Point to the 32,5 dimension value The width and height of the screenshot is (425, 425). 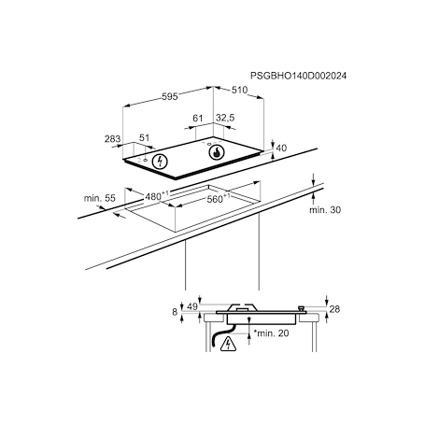coord(224,119)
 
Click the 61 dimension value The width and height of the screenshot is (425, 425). coord(197,119)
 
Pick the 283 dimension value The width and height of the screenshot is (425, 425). coord(112,138)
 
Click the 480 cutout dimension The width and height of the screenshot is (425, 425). coord(155,196)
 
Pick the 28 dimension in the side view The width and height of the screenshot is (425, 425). coord(336,309)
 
